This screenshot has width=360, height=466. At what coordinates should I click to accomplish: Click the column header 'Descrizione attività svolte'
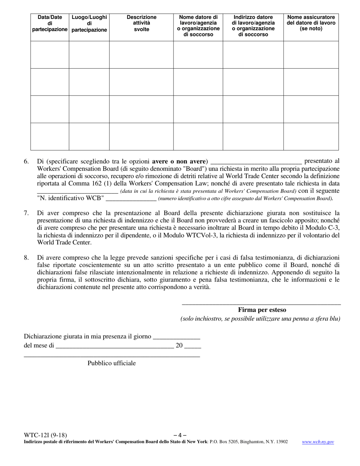[x=141, y=23]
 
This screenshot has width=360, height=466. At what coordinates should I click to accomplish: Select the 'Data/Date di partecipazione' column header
[x=50, y=23]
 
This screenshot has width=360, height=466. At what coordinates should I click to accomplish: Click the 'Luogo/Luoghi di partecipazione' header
[x=89, y=23]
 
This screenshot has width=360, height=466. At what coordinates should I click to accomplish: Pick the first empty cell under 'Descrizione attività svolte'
[x=141, y=55]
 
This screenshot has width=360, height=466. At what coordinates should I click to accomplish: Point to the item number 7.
[x=26, y=213]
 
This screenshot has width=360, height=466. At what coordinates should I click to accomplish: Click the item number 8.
[x=26, y=258]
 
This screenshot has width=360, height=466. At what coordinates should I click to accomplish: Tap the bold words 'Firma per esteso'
[x=262, y=310]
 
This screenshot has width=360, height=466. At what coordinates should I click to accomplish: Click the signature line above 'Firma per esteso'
[x=261, y=304]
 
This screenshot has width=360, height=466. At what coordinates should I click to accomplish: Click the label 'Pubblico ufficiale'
[x=111, y=363]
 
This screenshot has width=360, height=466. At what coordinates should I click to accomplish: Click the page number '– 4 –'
[x=180, y=435]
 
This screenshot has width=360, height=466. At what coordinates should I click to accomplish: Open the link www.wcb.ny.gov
[x=318, y=442]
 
